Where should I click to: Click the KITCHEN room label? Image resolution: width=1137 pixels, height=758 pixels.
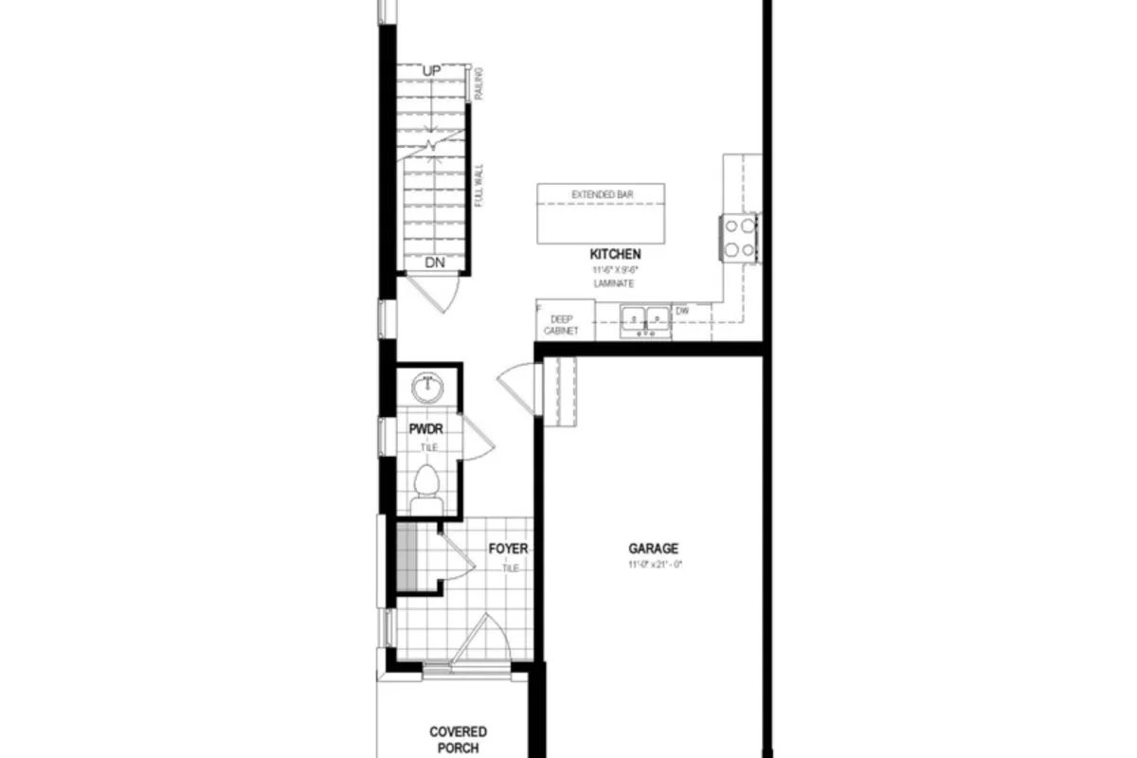[615, 254]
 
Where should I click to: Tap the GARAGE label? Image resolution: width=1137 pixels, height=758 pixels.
[654, 548]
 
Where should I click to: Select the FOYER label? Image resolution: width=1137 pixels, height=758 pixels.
[508, 549]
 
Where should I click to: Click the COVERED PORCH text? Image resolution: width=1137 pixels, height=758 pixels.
[458, 739]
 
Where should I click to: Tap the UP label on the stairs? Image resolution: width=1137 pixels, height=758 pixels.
[432, 72]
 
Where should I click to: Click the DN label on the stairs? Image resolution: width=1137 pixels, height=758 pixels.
[435, 262]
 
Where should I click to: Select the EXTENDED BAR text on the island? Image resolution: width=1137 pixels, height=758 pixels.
[602, 194]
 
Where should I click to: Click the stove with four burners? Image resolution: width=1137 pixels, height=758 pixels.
[741, 237]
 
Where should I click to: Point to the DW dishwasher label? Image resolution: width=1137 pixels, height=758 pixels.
[682, 310]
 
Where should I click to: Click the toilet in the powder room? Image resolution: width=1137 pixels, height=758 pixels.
[427, 483]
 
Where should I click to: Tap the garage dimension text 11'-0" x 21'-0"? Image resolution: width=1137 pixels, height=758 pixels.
[654, 565]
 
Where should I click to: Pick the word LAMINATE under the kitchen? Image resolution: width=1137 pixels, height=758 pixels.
[614, 283]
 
